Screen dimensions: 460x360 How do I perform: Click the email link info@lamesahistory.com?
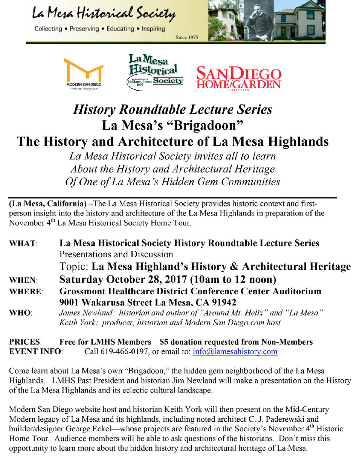pos(235,352)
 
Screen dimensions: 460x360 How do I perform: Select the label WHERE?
pos(26,292)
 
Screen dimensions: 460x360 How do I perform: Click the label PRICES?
pos(25,342)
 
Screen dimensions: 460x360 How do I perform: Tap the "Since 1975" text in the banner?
pos(187,38)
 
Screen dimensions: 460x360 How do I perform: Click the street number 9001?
pos(70,302)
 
